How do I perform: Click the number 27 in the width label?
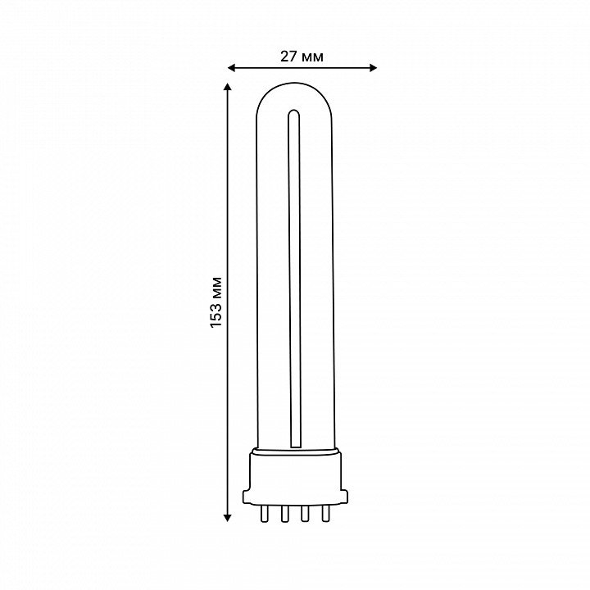point(288,56)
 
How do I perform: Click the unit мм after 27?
point(312,57)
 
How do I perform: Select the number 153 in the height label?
point(216,314)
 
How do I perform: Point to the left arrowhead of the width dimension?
point(231,68)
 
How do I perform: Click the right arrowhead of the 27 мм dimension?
point(373,68)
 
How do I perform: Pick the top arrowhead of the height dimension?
point(227,87)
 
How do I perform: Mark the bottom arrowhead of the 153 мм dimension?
point(227,518)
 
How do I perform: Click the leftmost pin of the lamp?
point(265,513)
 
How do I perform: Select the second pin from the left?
point(284,513)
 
